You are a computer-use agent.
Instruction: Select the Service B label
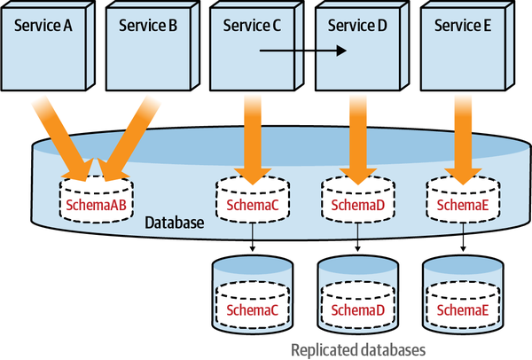point(148,25)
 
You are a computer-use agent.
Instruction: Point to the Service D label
point(357,25)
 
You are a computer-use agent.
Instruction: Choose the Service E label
point(462,25)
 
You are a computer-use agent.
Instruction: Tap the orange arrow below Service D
point(357,133)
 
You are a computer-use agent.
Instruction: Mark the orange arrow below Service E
point(462,133)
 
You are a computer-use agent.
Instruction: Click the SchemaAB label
point(95,206)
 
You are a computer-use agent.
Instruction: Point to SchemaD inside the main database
point(356,206)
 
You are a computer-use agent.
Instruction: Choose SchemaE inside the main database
point(461,206)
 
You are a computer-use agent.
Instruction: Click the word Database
point(175,220)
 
